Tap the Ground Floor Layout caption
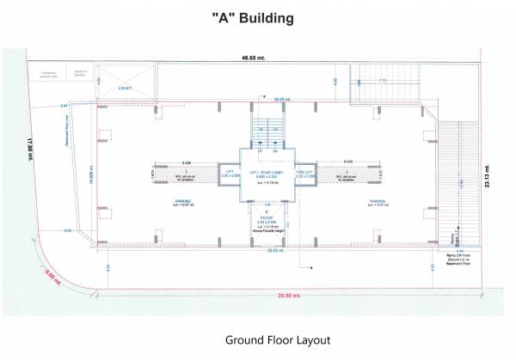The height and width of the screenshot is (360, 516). coord(278,339)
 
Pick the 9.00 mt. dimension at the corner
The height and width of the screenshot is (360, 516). coord(53,277)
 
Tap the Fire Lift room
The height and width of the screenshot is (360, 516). coord(306,174)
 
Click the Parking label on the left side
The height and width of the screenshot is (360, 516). coord(169,204)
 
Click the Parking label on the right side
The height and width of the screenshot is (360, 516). coord(377,204)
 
